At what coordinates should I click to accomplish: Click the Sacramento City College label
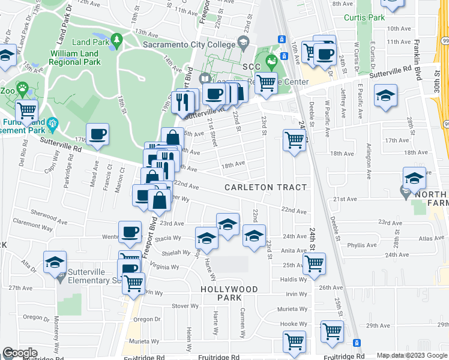(x=190, y=44)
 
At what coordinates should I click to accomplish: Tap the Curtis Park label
(x=364, y=17)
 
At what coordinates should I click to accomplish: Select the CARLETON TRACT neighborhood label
(x=266, y=187)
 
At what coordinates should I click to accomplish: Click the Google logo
(x=20, y=353)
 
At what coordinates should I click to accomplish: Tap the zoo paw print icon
(x=22, y=89)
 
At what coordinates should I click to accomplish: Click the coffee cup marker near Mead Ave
(x=97, y=134)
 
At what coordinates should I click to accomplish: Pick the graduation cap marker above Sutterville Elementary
(x=55, y=262)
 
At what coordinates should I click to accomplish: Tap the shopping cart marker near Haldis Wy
(x=314, y=263)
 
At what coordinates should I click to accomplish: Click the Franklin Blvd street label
(x=417, y=60)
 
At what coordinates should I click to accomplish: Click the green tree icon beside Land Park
(x=116, y=40)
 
